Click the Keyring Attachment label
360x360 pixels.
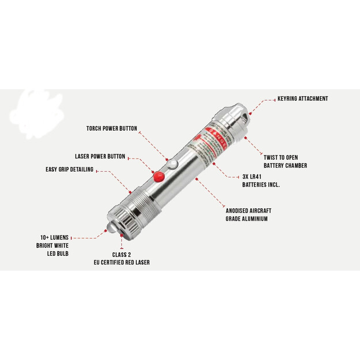pyautogui.click(x=302, y=99)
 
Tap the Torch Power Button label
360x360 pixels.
pyautogui.click(x=112, y=128)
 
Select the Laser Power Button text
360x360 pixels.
pyautogui.click(x=100, y=157)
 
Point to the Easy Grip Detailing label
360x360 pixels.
pyautogui.click(x=69, y=169)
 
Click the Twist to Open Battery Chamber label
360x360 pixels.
pyautogui.click(x=285, y=161)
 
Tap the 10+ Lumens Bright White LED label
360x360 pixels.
pyautogui.click(x=54, y=245)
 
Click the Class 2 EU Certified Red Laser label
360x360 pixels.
pyautogui.click(x=122, y=258)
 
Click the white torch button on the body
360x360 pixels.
pyautogui.click(x=173, y=165)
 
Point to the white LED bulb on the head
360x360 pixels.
pyautogui.click(x=109, y=230)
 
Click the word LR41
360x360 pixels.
pyautogui.click(x=263, y=177)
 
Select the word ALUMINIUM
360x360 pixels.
pyautogui.click(x=254, y=219)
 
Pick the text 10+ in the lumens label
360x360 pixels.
pyautogui.click(x=45, y=237)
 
